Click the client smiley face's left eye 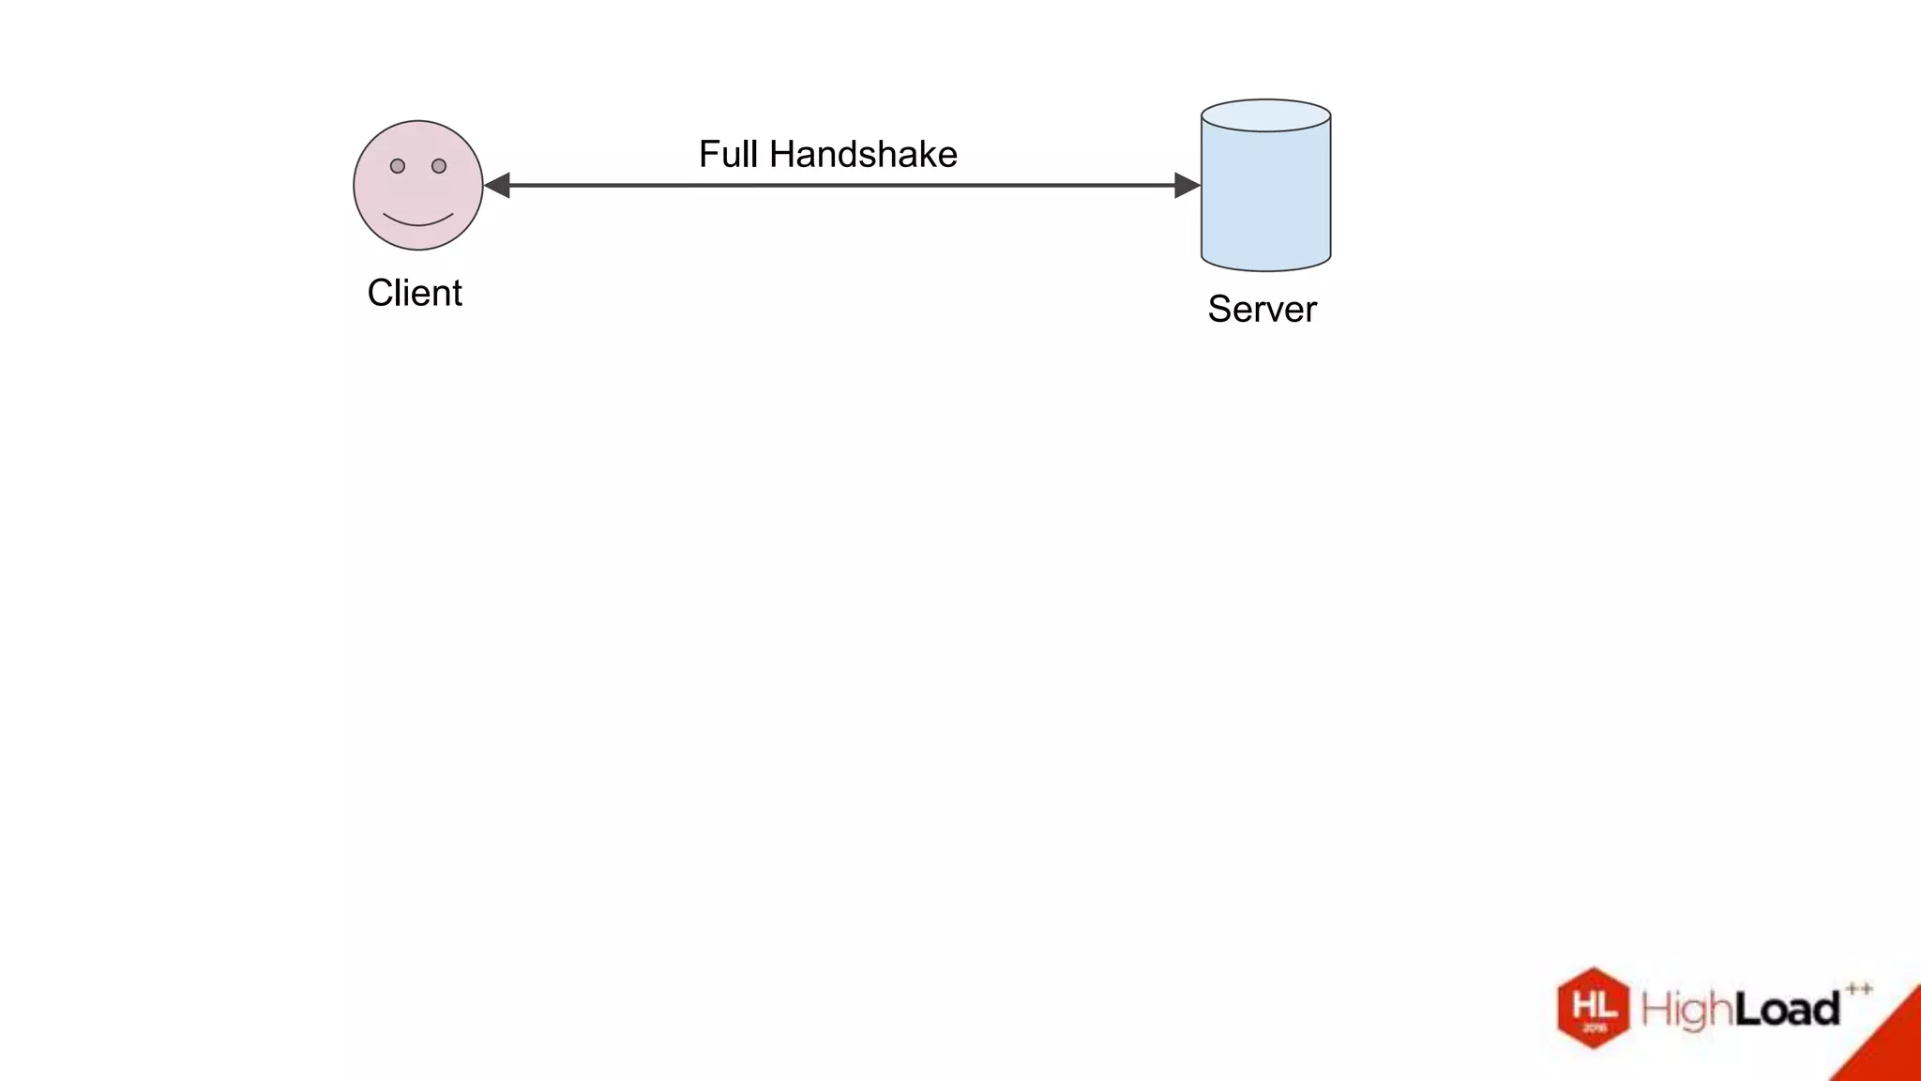(398, 166)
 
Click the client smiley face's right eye (439, 166)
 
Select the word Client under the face (415, 293)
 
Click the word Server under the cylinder (1262, 309)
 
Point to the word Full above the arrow (728, 154)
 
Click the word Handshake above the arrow (863, 154)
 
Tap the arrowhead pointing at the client (496, 186)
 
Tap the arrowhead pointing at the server (1187, 186)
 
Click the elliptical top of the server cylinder (1266, 115)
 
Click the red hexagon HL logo (1593, 1008)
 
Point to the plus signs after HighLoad (1858, 988)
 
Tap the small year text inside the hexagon (1594, 1028)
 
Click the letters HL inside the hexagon (1594, 1005)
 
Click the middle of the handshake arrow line (841, 186)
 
